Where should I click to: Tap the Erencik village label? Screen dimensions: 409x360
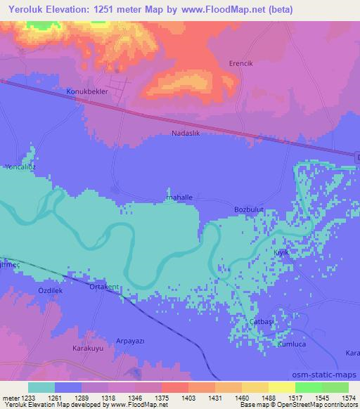241,63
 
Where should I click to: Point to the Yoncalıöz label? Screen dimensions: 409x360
19,167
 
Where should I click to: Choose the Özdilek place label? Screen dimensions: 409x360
50,290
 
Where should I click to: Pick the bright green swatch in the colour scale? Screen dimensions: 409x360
309,387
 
